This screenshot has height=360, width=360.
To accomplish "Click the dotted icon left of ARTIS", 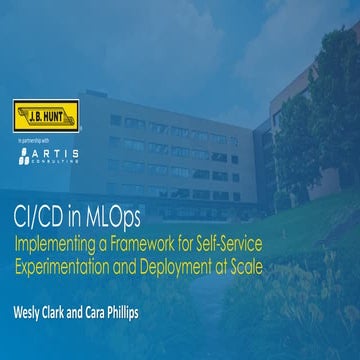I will (x=23, y=154).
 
